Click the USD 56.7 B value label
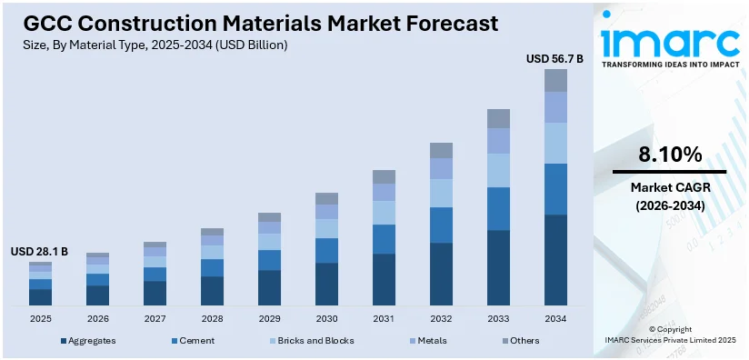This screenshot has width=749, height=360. coord(554,58)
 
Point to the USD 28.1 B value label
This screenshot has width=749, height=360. coord(39,251)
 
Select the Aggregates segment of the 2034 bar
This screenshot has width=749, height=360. coord(555,259)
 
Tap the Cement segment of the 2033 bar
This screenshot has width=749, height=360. coord(498,208)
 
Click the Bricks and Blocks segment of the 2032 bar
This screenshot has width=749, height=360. coord(441,193)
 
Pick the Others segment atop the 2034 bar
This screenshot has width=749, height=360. coord(555,80)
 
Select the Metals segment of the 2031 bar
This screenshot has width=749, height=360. coord(384,192)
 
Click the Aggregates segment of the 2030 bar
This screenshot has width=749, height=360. coord(326,284)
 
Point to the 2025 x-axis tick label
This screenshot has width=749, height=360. coord(40,318)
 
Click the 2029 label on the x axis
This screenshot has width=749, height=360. coord(269,318)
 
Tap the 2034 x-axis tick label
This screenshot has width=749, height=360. coord(555,318)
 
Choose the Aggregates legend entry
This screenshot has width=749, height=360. coord(88,341)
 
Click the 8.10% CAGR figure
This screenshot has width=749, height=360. coord(669,155)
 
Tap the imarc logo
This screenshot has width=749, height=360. coord(669,44)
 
